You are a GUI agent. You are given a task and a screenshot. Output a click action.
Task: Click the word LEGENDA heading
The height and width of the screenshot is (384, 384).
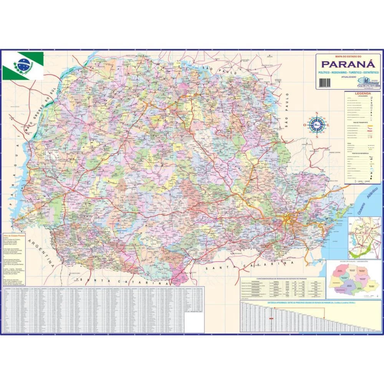(x=362, y=94)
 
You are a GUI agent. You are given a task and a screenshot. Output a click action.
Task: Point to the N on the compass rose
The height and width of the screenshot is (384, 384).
(x=317, y=113)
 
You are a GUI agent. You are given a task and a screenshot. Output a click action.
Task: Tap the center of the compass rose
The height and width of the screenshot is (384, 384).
(x=317, y=124)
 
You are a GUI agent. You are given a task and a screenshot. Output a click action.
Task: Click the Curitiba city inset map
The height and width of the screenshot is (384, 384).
(x=364, y=238)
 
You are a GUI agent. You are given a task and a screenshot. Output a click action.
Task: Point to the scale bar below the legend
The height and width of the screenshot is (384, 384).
(x=359, y=181)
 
